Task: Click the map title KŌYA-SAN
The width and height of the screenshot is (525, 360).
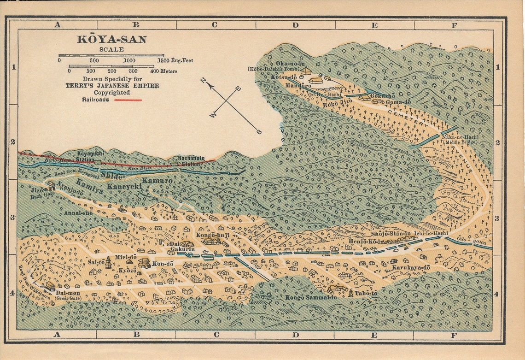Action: (x=111, y=40)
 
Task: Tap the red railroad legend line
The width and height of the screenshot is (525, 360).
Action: (x=128, y=100)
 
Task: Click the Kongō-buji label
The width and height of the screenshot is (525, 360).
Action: (x=212, y=235)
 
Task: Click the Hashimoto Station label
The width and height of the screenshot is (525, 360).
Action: (x=189, y=160)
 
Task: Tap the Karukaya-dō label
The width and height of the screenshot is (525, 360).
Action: (x=411, y=267)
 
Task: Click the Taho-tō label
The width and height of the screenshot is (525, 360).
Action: (x=366, y=293)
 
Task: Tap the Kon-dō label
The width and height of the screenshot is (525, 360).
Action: (x=163, y=264)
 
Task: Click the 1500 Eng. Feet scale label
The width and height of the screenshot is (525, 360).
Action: (x=175, y=60)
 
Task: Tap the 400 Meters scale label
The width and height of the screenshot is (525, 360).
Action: (x=163, y=71)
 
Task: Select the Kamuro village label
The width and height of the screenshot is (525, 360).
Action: (x=157, y=181)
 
